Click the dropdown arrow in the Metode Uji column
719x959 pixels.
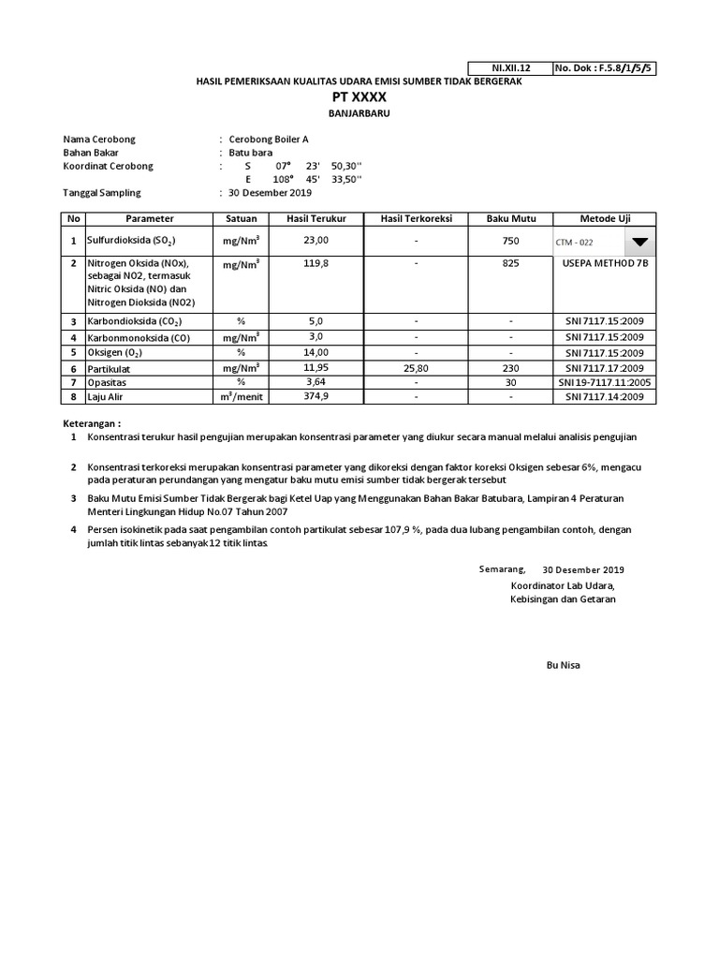639,241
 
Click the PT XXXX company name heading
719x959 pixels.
359,97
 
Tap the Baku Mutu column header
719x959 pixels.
510,218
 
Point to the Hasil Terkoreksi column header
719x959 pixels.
416,218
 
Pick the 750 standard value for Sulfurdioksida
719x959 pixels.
510,241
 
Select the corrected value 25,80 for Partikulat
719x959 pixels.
416,368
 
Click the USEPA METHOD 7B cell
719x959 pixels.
605,264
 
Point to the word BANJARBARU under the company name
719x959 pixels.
359,112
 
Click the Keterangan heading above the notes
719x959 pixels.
93,423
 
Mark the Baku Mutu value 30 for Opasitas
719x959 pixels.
510,383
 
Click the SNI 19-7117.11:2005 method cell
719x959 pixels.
605,383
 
